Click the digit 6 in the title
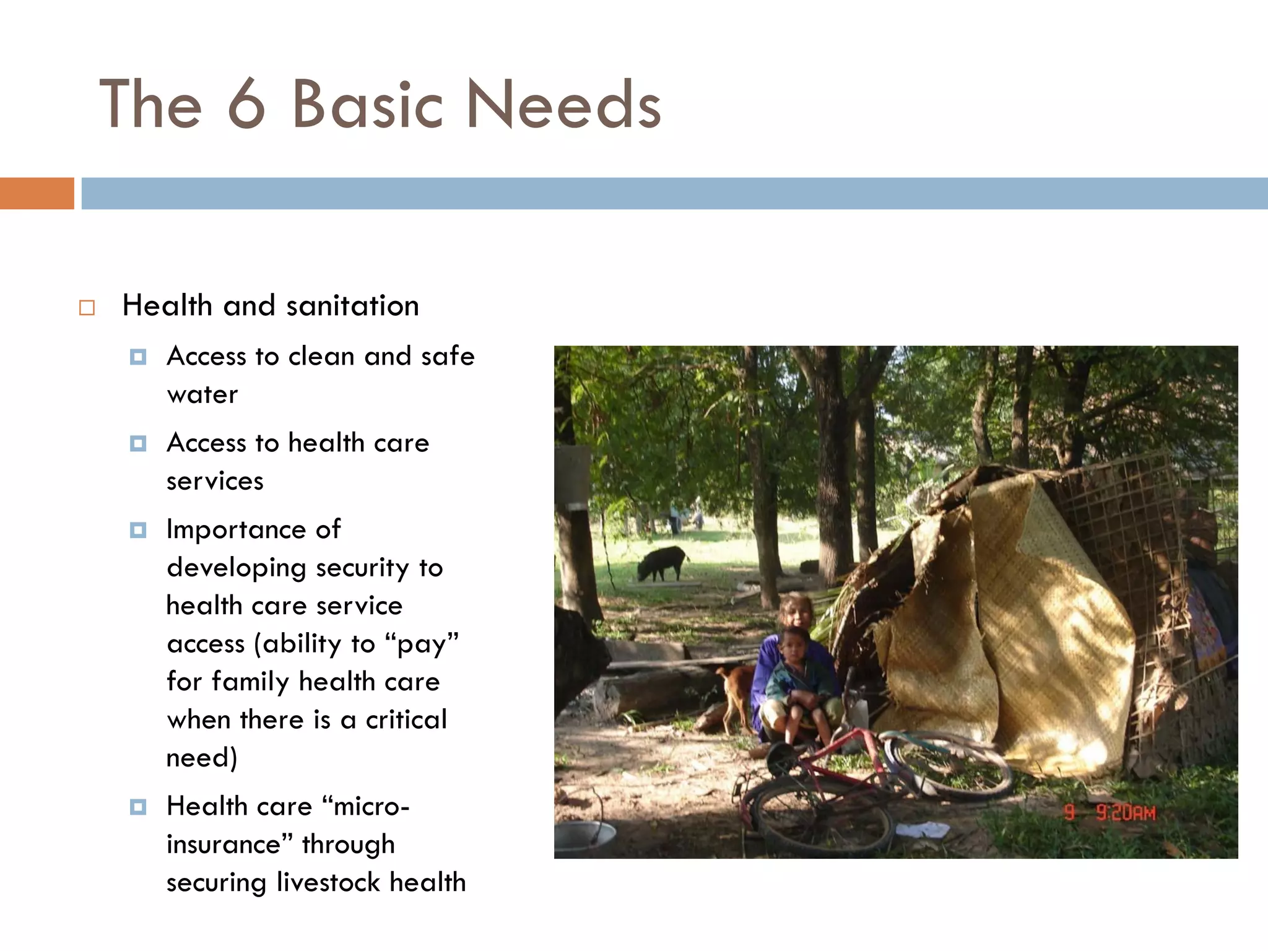(x=246, y=105)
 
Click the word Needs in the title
(x=563, y=105)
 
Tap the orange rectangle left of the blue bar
(x=37, y=193)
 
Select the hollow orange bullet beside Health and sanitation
(x=87, y=308)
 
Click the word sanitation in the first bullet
(x=352, y=306)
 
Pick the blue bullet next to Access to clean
(x=138, y=357)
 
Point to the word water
(x=202, y=394)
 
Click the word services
(x=215, y=481)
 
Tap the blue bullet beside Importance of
(x=138, y=531)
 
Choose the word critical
(x=406, y=720)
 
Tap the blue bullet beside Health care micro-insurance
(x=138, y=807)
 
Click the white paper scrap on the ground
(x=923, y=830)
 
